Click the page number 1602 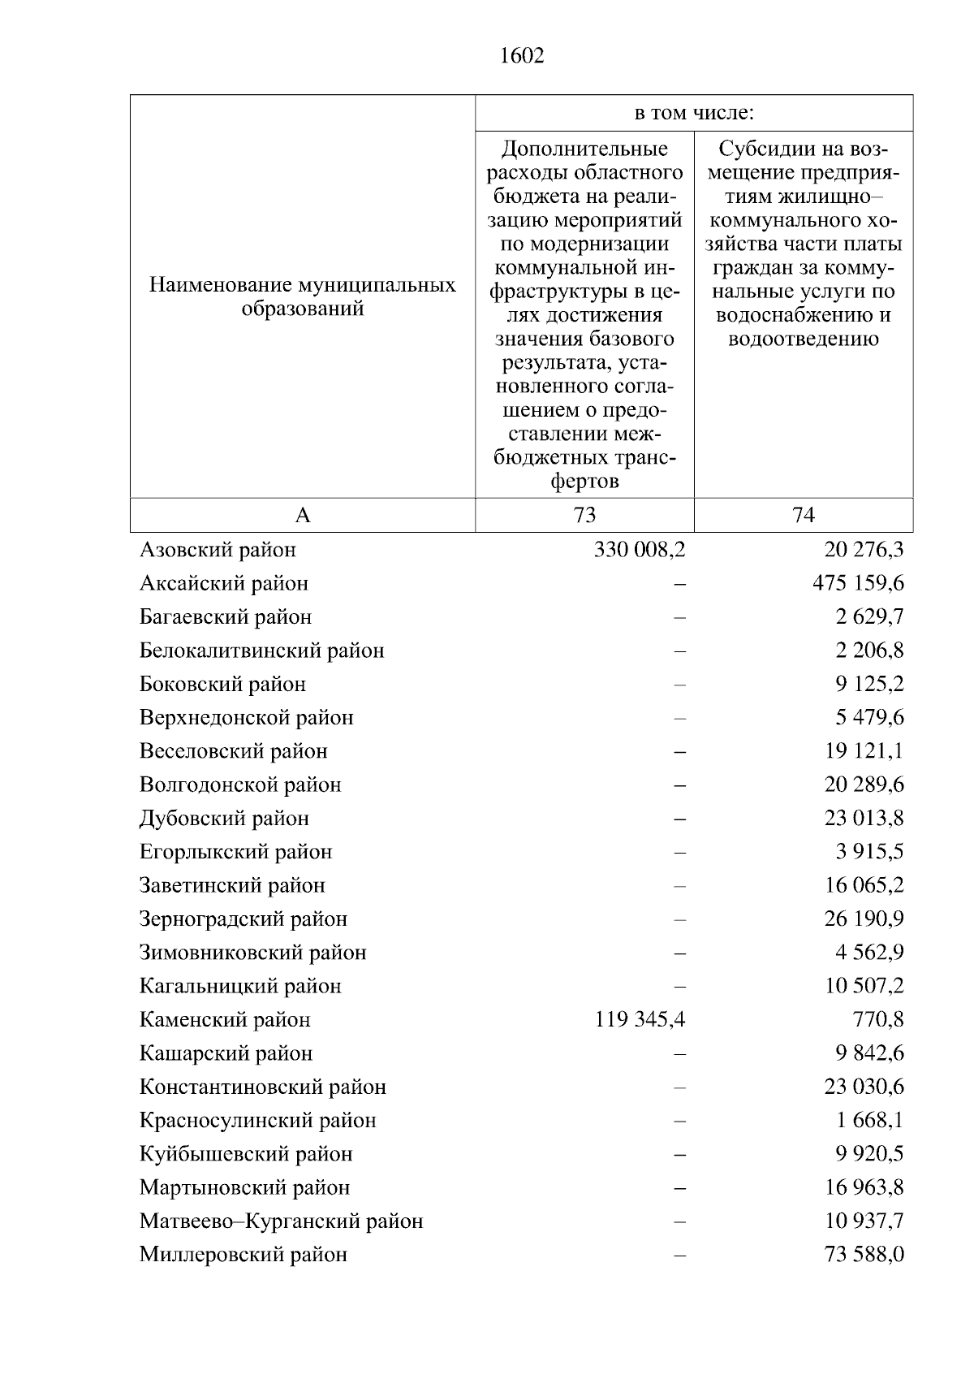(522, 56)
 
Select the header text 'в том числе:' (693, 113)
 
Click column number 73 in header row (584, 515)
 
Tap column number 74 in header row (803, 515)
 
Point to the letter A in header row (302, 515)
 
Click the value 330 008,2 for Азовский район (640, 550)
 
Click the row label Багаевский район (226, 617)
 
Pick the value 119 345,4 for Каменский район (640, 1019)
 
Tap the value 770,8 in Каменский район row (878, 1019)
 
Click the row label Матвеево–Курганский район (281, 1221)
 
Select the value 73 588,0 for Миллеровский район (864, 1255)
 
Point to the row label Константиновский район (263, 1087)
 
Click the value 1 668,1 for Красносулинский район (870, 1121)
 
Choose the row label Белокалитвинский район (262, 651)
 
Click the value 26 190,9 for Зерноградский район (864, 919)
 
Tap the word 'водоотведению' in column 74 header (803, 339)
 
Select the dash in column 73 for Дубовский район (680, 819)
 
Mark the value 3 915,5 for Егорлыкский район (870, 852)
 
